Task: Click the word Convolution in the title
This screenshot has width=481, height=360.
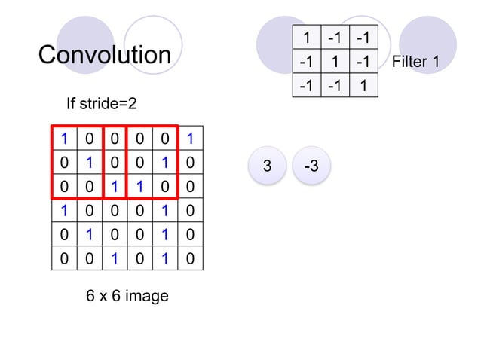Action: tap(105, 55)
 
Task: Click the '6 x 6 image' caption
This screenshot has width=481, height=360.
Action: tap(127, 296)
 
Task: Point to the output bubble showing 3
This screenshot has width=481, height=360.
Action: tap(267, 166)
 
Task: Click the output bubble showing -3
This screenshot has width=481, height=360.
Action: tap(311, 166)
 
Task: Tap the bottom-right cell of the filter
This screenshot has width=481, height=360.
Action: tap(363, 86)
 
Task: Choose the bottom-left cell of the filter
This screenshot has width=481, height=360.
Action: tap(307, 86)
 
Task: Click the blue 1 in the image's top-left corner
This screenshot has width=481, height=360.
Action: tap(65, 138)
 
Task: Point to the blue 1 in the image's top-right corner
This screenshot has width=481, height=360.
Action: tap(190, 138)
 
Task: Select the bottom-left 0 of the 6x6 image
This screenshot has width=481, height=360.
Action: tap(65, 258)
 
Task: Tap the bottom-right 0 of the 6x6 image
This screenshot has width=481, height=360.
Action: tap(190, 258)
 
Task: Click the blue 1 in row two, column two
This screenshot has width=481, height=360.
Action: tap(90, 162)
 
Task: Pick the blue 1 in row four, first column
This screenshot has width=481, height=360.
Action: tap(65, 210)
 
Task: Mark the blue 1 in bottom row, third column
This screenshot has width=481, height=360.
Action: tap(115, 258)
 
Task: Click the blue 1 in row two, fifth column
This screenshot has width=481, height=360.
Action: tap(165, 162)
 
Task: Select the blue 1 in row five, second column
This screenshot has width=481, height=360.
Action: tap(90, 234)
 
